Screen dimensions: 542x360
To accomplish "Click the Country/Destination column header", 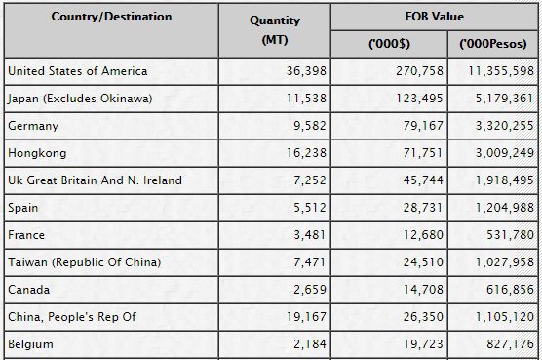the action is point(111,17).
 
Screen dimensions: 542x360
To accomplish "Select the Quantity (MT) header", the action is point(275,30).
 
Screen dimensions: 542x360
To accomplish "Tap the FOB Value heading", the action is point(435,17).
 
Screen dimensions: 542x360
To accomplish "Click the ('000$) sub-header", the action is point(389,44).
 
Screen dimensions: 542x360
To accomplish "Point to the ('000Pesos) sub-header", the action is point(493,44).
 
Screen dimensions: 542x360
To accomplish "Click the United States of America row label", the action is point(78,71).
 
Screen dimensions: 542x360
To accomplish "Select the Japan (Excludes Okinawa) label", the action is point(80,99).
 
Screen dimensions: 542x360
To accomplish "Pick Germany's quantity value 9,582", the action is point(310,126).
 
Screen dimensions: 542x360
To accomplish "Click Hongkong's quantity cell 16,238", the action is point(306,153).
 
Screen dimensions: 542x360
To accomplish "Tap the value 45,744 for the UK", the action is point(423,180).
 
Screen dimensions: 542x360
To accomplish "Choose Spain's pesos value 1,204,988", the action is point(505,208).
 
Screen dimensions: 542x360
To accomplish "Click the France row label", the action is point(26,235).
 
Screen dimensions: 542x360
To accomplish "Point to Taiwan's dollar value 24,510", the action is point(423,262).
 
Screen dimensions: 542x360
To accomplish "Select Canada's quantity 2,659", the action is point(310,290).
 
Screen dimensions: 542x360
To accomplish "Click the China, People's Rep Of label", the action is point(72,317).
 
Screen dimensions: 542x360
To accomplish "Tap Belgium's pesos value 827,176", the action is point(510,344).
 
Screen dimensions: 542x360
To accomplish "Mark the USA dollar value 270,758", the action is point(419,71).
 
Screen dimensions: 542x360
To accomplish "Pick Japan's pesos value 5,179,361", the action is point(505,99).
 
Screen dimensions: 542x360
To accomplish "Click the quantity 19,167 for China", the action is point(306,317).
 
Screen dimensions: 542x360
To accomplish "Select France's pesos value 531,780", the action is point(510,235).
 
